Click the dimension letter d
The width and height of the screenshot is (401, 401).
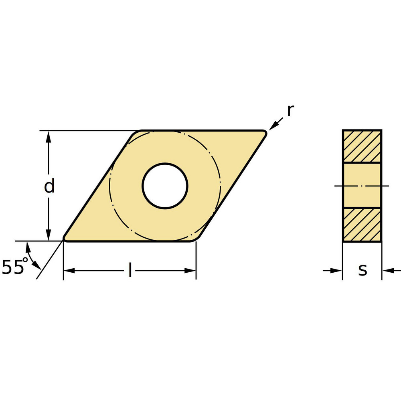tap(49, 186)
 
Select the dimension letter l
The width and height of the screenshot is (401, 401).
tap(130, 270)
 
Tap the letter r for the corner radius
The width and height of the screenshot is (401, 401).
tap(291, 111)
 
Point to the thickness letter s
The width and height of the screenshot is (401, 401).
tap(363, 271)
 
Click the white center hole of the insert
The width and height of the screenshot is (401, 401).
tap(165, 186)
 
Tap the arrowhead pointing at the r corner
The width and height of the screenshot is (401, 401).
tap(272, 127)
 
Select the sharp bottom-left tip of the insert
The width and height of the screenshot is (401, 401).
tap(65, 240)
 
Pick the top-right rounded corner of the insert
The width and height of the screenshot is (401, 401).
tap(264, 132)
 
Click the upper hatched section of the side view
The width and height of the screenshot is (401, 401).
tap(362, 146)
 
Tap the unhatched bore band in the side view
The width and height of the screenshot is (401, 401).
tap(362, 185)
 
